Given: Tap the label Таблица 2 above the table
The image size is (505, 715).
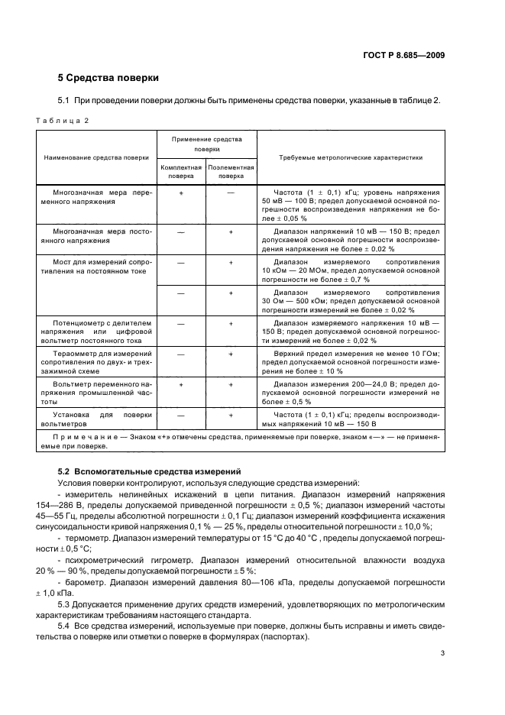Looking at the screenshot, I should (64, 119).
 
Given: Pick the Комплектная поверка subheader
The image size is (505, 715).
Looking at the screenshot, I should (180, 170).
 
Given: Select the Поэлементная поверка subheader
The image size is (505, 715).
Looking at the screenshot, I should (231, 170).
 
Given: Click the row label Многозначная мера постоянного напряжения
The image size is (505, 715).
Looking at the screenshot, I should (96, 235).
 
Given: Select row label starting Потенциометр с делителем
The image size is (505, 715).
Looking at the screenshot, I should (96, 331).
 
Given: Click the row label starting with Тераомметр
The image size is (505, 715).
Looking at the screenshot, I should (96, 361).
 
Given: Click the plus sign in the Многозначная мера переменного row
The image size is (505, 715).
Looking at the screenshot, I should (181, 192).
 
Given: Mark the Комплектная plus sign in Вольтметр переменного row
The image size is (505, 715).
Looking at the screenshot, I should (181, 385).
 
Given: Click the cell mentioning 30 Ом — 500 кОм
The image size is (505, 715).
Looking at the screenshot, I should (351, 300).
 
